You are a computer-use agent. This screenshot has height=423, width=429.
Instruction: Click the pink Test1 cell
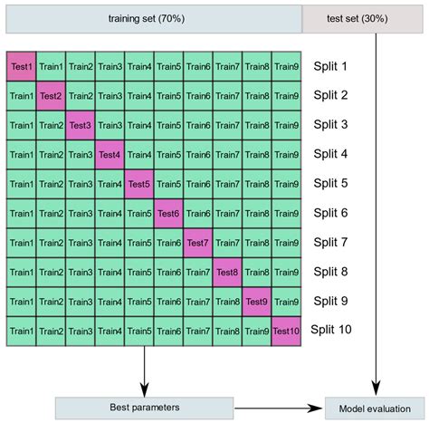(x=21, y=66)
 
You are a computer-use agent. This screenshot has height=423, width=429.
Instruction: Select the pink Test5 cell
(x=139, y=184)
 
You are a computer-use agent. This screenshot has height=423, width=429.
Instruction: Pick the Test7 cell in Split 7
(x=198, y=243)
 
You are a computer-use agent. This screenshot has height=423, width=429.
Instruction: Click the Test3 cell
(x=81, y=125)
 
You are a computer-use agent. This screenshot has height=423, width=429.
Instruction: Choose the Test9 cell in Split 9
(x=257, y=302)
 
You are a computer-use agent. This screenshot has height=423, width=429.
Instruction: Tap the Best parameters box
(x=144, y=409)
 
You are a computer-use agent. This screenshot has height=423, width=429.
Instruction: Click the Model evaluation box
(x=373, y=409)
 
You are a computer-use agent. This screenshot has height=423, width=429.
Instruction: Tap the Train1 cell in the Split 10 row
(x=21, y=331)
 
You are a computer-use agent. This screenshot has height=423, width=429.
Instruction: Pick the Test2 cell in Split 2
(x=51, y=95)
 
